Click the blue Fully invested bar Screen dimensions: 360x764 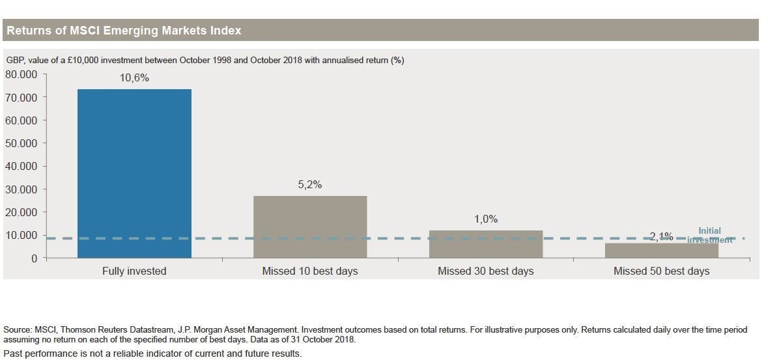point(134,173)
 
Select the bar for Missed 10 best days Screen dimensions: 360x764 point(310,227)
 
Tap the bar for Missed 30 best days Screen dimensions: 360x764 point(486,244)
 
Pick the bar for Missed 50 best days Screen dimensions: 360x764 point(661,251)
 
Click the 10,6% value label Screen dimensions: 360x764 point(134,78)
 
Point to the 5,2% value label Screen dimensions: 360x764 point(310,185)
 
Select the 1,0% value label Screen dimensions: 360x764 point(486,219)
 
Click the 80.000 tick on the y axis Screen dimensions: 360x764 point(21,74)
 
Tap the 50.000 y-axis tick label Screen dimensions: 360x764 point(21,143)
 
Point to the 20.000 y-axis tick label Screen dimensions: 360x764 point(21,212)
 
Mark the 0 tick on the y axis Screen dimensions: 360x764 point(34,258)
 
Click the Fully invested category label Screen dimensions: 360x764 point(134,271)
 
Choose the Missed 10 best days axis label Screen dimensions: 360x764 point(310,271)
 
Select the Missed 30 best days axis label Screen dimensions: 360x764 point(486,271)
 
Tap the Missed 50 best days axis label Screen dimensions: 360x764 point(661,271)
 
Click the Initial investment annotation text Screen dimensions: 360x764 point(710,235)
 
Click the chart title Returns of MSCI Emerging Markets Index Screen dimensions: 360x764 point(124,31)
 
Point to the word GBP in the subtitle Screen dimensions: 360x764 point(15,61)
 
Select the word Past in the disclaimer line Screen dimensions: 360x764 point(13,353)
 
